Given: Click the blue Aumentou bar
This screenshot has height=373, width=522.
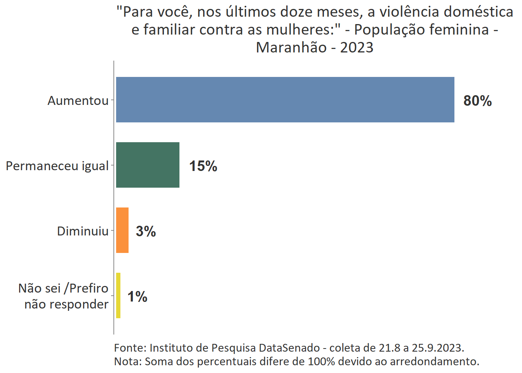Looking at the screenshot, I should tap(285, 100).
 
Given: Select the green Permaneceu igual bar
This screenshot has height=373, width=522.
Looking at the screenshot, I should tap(148, 165).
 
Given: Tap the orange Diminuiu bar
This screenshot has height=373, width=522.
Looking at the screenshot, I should tap(122, 230).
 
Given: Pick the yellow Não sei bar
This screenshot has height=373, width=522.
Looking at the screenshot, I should tap(118, 296).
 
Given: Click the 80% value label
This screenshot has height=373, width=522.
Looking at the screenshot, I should tap(477, 101).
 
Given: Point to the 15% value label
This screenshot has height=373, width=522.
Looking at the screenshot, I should tap(203, 166).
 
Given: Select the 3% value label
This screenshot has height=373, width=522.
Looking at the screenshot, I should tap(146, 232).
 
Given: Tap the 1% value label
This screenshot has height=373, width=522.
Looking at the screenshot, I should tap(137, 297).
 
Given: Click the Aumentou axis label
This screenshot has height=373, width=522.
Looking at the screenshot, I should tap(78, 101).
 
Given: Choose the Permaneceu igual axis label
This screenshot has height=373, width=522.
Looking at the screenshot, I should tap(57, 166).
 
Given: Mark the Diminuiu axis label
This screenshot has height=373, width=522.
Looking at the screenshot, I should tap(83, 231).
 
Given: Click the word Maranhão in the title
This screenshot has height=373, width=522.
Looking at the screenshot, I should tap(291, 47).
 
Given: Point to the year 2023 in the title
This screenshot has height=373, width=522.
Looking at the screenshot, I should tap(357, 47).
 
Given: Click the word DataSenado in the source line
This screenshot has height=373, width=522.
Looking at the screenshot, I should tap(289, 348).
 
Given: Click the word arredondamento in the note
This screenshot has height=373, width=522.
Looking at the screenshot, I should tap(434, 361).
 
